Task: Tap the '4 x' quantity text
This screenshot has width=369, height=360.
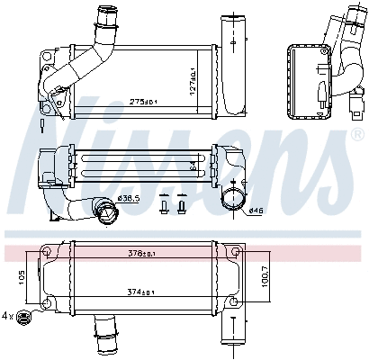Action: (8, 316)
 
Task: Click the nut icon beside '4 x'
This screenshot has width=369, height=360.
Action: (25, 316)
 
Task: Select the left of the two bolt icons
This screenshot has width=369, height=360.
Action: (163, 206)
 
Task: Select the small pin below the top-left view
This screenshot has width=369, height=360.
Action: (43, 122)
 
